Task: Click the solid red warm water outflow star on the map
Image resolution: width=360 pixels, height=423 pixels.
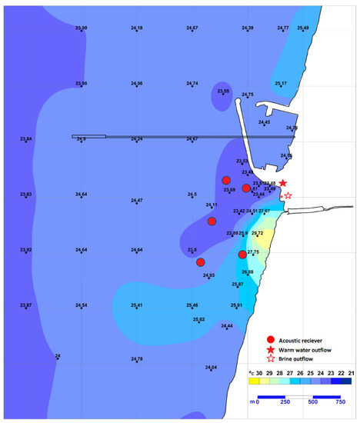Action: pos(283,183)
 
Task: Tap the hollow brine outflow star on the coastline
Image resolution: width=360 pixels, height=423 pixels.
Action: pos(288,196)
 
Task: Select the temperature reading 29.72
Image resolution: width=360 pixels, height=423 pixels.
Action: pos(258,233)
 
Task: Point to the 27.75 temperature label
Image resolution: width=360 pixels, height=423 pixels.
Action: pos(254,251)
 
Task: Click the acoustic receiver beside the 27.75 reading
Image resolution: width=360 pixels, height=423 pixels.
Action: pos(242,255)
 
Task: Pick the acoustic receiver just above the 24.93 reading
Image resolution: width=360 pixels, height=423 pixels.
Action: pos(201,262)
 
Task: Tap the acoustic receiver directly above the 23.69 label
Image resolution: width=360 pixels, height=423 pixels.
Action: pos(226,180)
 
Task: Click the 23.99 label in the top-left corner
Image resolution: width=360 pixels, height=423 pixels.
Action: pos(82,28)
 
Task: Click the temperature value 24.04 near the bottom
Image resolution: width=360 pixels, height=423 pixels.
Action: pos(211,368)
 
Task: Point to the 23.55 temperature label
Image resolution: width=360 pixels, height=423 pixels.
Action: pos(223,92)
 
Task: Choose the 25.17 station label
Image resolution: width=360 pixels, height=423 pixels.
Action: pos(281,84)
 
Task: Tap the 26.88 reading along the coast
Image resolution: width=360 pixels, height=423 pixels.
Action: pos(248,272)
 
